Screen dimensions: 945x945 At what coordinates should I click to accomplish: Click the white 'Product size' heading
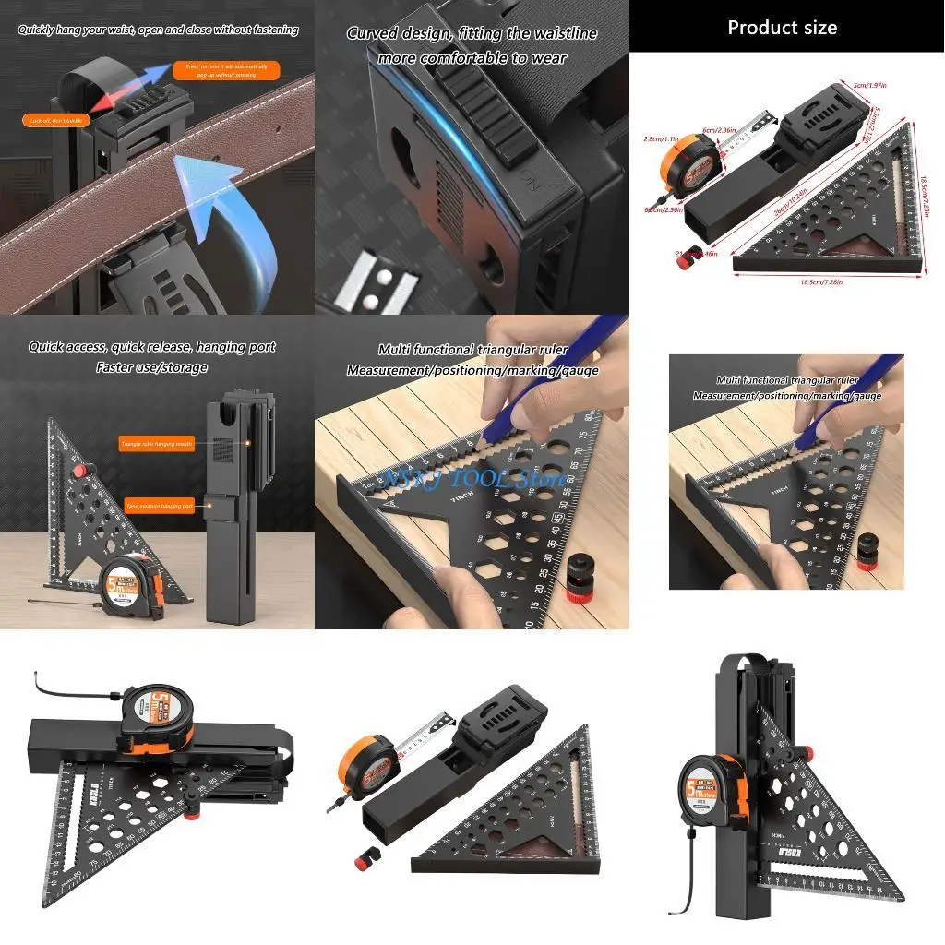point(782,28)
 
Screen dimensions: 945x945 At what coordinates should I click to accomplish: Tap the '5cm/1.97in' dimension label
point(871,86)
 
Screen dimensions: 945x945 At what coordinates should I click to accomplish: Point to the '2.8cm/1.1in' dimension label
point(662,138)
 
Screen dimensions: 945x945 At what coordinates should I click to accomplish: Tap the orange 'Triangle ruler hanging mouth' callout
point(157,444)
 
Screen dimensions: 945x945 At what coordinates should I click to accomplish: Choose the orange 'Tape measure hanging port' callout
point(159,506)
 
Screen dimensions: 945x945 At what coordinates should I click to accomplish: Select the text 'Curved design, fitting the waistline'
point(472,34)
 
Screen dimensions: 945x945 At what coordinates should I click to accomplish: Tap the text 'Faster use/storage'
point(151,367)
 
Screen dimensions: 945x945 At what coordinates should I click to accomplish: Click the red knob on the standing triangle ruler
point(81,472)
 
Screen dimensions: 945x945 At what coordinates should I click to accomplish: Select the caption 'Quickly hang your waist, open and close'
point(158,30)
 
